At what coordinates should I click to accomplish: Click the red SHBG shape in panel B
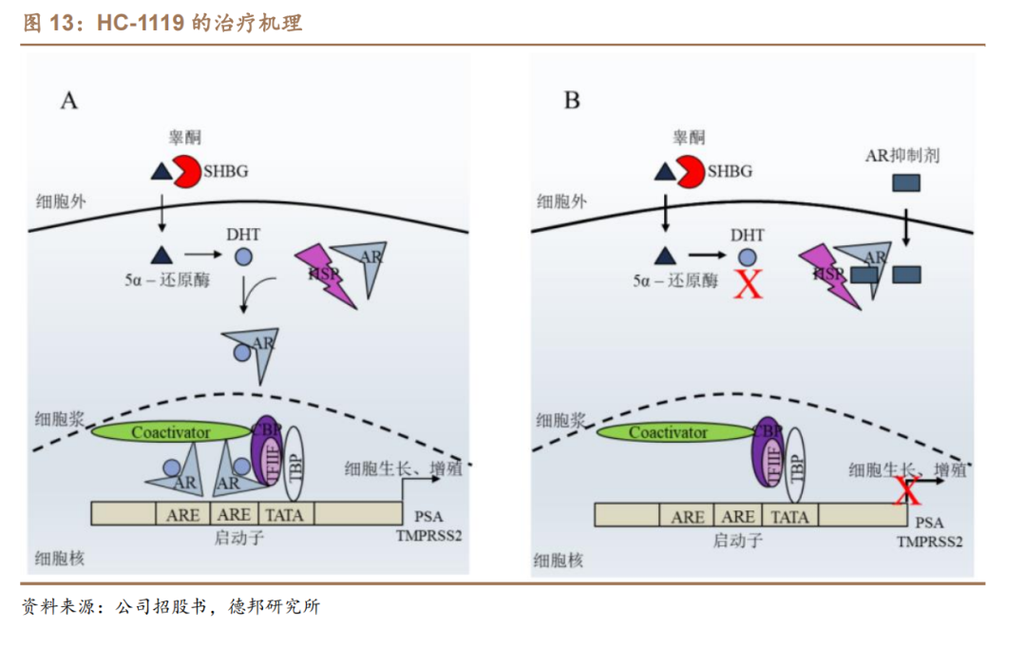[x=691, y=172]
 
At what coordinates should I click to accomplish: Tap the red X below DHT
[x=749, y=282]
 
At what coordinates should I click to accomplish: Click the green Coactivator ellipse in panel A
[x=170, y=432]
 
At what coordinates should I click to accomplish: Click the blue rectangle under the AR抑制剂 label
[x=904, y=182]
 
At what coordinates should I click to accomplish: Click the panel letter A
[x=69, y=100]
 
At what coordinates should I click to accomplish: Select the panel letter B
[x=572, y=100]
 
